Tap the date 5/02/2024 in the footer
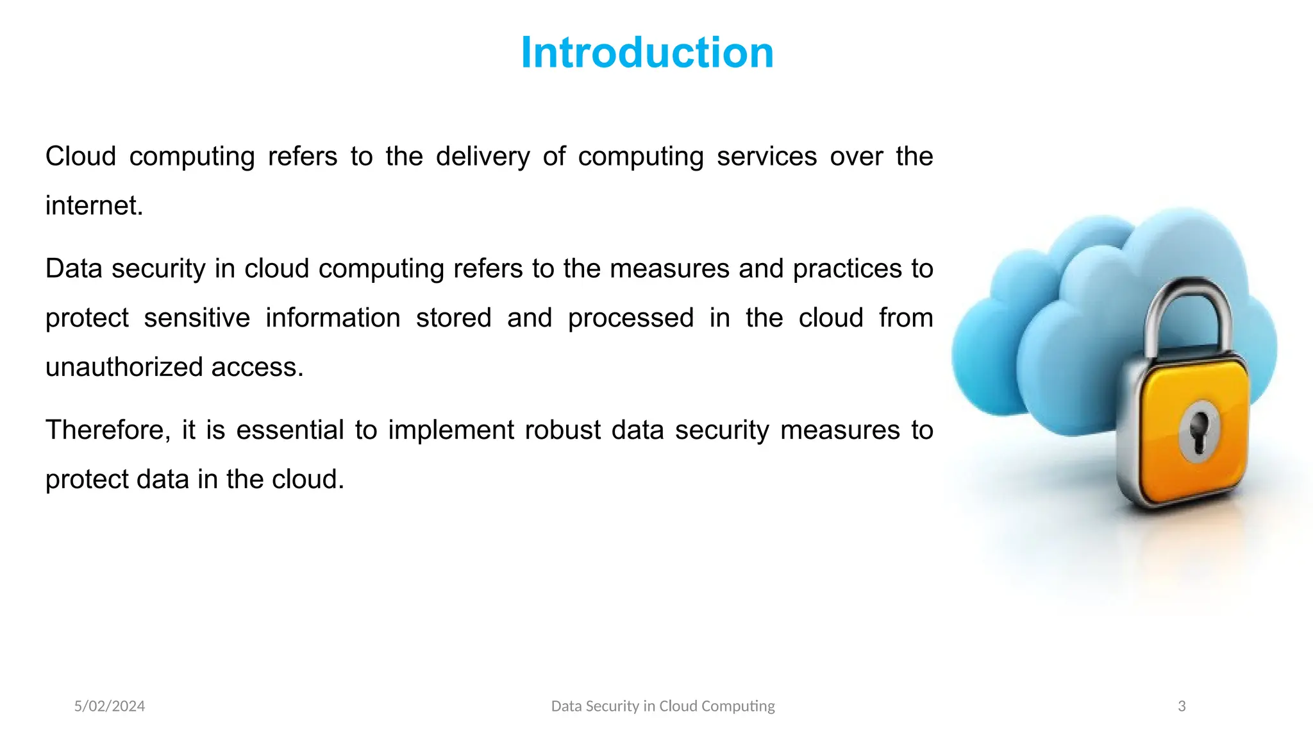pos(110,706)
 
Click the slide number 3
pos(1182,706)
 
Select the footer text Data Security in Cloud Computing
pos(663,706)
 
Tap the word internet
pos(94,206)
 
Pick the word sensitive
pos(197,318)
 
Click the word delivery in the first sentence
pos(483,157)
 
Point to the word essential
pos(290,430)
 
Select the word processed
pos(631,318)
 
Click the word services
pos(767,157)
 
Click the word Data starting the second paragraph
pos(74,269)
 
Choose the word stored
pos(453,318)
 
